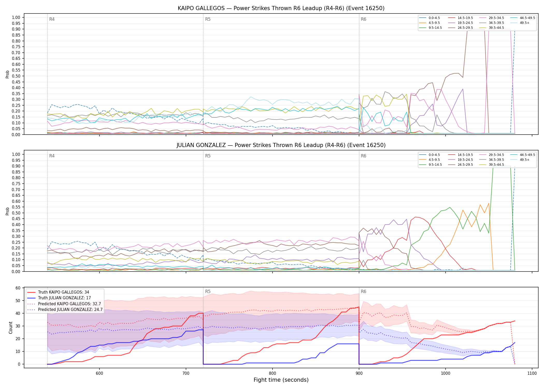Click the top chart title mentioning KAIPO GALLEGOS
pos(281,8)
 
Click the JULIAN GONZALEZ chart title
pos(281,145)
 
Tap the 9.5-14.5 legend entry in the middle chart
pos(430,165)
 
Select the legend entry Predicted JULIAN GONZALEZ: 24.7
pos(65,310)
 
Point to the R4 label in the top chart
pos(52,19)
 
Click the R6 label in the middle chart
pos(363,156)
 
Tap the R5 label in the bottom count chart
pos(208,291)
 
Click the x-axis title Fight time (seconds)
pos(281,380)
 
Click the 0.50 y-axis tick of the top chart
pos(16,76)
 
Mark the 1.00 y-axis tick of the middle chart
pos(16,154)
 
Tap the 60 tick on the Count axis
pos(18,288)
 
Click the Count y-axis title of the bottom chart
pos(11,328)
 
